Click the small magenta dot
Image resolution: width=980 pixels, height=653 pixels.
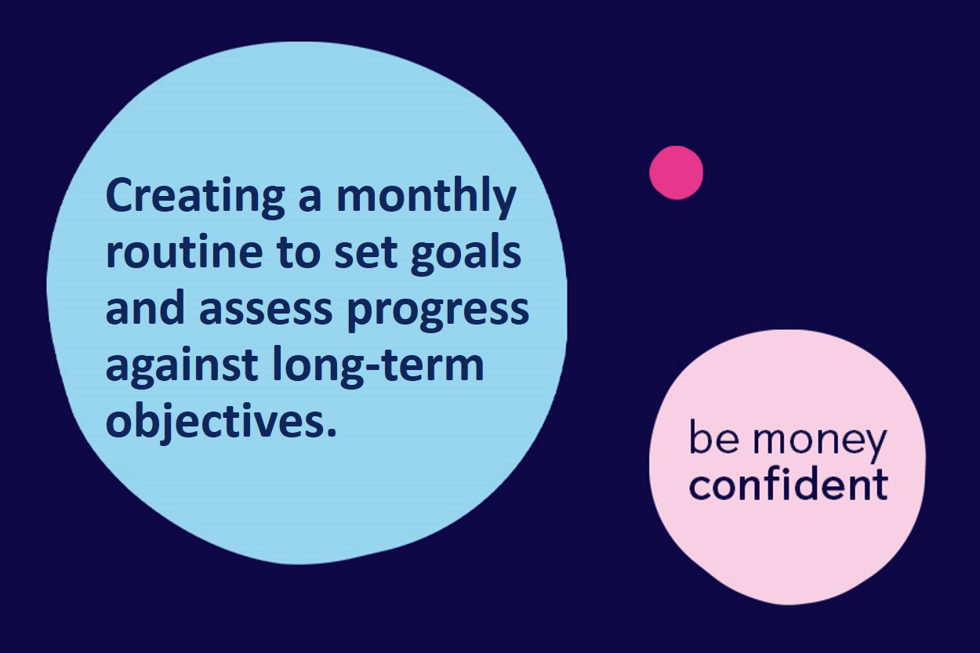point(676,172)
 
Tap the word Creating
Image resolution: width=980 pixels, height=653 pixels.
point(195,198)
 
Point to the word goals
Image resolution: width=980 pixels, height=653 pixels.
point(466,256)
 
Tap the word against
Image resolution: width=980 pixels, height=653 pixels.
point(182,367)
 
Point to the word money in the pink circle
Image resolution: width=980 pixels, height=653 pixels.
point(819,440)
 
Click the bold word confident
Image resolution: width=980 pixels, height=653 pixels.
point(789,485)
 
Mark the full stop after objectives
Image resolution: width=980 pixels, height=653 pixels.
point(332,432)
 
